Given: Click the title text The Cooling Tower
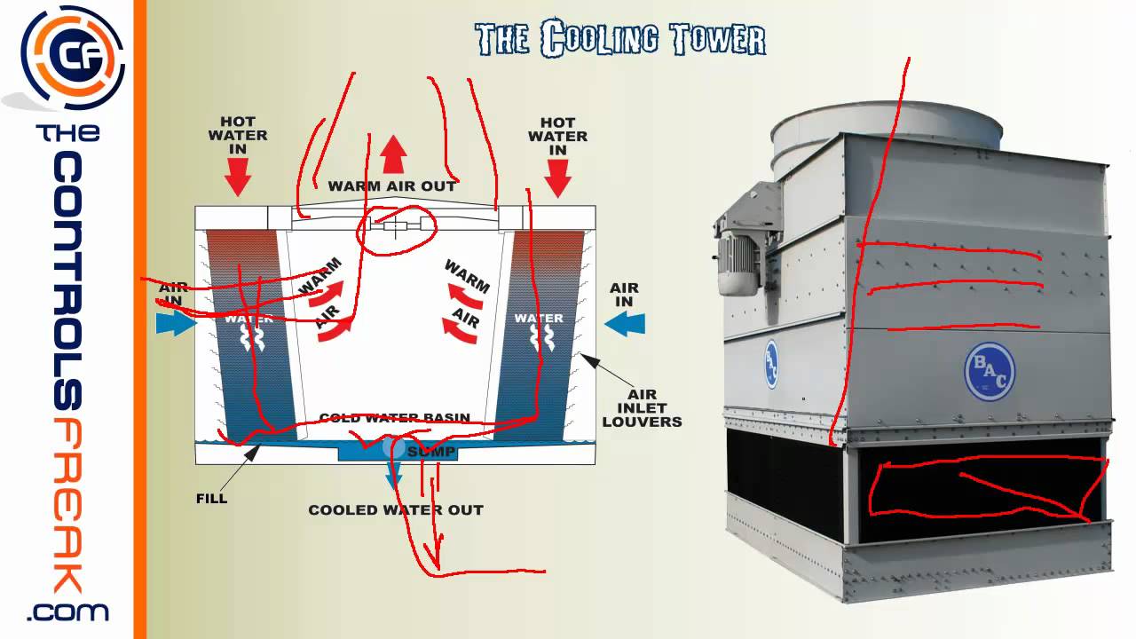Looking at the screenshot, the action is coord(619,39).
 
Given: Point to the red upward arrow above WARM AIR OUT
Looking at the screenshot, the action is coord(393,156).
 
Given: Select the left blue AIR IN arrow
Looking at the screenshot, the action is coord(176,323).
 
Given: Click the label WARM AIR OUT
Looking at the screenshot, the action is coord(392,186).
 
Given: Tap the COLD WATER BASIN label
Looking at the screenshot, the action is coord(394,418).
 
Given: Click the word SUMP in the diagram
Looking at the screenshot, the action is coord(431,453).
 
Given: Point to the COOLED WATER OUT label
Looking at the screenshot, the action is coord(396,510).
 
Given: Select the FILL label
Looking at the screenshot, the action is coord(211,498).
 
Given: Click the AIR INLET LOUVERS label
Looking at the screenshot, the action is coord(642,408).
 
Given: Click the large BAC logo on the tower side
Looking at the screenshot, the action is coord(989,371).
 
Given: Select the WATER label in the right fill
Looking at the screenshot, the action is coord(539,319).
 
